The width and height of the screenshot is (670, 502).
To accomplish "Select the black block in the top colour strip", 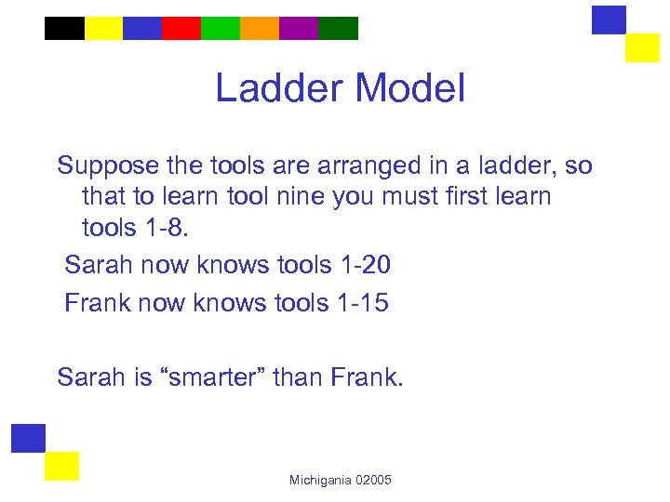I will click(x=64, y=28).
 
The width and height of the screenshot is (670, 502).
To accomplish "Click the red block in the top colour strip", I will click(x=181, y=28).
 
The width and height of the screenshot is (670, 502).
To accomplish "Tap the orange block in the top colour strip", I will click(x=260, y=28).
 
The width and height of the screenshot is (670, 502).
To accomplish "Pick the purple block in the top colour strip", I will click(x=299, y=28).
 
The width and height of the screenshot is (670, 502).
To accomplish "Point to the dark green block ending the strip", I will click(x=338, y=28).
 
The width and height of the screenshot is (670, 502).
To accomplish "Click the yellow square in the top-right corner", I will click(x=642, y=47).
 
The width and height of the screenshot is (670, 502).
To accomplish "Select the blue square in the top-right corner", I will click(x=610, y=20).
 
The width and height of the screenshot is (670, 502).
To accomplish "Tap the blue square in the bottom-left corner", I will click(x=28, y=438).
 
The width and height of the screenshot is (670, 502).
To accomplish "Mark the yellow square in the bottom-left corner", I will click(x=62, y=466).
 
